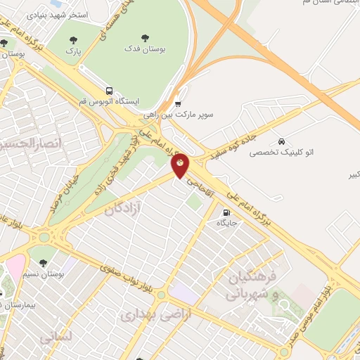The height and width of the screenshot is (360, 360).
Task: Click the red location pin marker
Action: point(181,165)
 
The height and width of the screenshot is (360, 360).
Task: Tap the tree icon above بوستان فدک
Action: point(145,38)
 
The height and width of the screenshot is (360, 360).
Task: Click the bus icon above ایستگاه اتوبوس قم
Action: point(109,91)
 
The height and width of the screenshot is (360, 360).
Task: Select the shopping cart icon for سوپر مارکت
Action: point(178,102)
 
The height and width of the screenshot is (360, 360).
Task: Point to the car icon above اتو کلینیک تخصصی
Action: point(281,141)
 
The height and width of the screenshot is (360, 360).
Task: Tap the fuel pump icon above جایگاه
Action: point(226,212)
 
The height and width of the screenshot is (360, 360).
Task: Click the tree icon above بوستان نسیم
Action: point(43,263)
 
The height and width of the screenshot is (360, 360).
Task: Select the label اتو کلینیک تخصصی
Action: point(281,152)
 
